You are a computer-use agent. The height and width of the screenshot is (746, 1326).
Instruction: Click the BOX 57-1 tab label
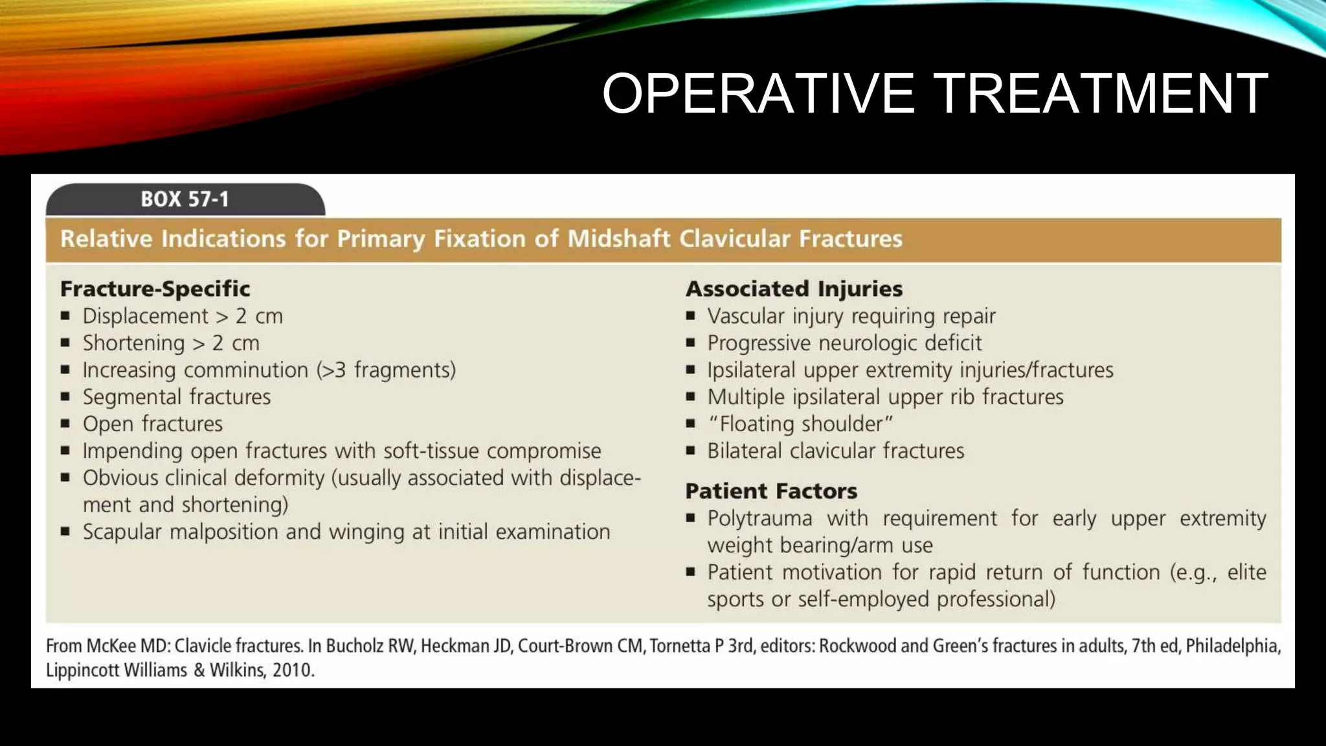pyautogui.click(x=185, y=199)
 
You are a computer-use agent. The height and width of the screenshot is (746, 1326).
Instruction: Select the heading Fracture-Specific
pyautogui.click(x=155, y=289)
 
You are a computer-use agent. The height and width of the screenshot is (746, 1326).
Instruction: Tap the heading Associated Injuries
pyautogui.click(x=794, y=289)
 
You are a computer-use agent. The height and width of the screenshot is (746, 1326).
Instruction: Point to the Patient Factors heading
pyautogui.click(x=770, y=492)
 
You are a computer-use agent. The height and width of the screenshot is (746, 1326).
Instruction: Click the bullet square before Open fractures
pyautogui.click(x=65, y=424)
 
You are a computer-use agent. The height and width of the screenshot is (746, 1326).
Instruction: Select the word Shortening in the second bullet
pyautogui.click(x=133, y=343)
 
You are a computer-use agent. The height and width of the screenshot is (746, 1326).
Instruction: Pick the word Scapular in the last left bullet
pyautogui.click(x=122, y=532)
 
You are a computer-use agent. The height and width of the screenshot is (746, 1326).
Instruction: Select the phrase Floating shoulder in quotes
pyautogui.click(x=801, y=424)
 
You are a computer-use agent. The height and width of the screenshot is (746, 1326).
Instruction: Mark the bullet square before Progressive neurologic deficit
pyautogui.click(x=691, y=343)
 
